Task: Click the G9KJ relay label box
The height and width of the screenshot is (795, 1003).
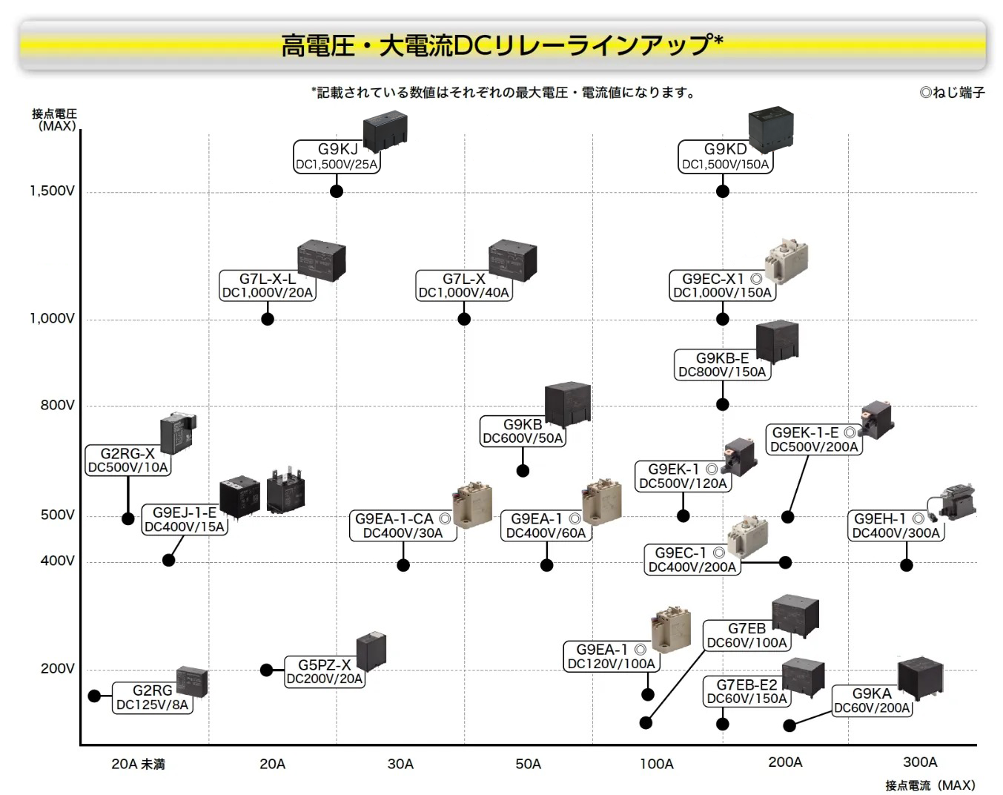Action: (x=337, y=156)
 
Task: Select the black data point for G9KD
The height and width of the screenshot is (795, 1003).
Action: (x=723, y=191)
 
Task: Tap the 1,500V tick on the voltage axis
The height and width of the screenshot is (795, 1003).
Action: (x=52, y=191)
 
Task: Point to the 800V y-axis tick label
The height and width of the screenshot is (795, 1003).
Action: (x=57, y=405)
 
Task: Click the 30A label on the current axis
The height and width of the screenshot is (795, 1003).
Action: (x=400, y=764)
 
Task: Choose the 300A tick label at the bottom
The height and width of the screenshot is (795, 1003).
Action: (x=920, y=762)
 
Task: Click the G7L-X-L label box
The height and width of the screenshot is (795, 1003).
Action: (x=268, y=286)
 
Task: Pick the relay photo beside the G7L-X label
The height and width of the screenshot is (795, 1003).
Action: (x=512, y=261)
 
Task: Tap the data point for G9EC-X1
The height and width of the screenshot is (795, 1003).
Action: (x=723, y=319)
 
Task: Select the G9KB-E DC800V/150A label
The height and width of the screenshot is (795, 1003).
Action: (x=722, y=365)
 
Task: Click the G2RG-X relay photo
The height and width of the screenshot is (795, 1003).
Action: (x=179, y=432)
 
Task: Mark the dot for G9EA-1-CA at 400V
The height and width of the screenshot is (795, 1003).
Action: (x=403, y=565)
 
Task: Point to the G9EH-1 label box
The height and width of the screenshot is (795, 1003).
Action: (x=896, y=526)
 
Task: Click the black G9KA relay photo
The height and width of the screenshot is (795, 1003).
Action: (x=920, y=679)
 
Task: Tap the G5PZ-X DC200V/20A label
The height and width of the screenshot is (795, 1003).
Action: (x=325, y=672)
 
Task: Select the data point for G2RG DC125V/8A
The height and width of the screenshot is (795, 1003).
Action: (x=94, y=696)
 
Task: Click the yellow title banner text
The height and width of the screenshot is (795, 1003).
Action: (x=502, y=45)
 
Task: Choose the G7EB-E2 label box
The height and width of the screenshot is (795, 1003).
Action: (x=747, y=691)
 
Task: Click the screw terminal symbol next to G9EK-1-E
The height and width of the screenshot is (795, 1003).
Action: (x=850, y=432)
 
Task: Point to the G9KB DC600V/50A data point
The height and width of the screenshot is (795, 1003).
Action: (x=523, y=471)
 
